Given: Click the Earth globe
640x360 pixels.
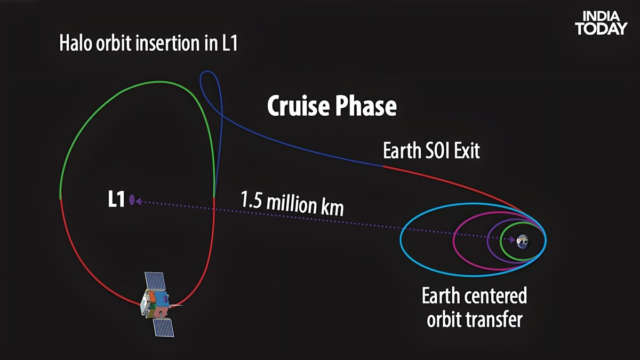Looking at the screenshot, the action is pyautogui.click(x=523, y=241).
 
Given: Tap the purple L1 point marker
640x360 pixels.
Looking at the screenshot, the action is pyautogui.click(x=132, y=199).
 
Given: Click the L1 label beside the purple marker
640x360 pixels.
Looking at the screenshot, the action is pyautogui.click(x=116, y=199).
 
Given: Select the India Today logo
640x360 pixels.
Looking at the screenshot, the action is pyautogui.click(x=601, y=23).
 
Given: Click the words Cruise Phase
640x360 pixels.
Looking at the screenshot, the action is pyautogui.click(x=332, y=106).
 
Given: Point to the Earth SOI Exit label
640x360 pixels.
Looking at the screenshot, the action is pyautogui.click(x=431, y=150).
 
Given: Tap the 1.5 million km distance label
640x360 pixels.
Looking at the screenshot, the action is pyautogui.click(x=292, y=203).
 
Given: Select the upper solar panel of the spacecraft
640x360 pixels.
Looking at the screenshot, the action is pyautogui.click(x=155, y=282).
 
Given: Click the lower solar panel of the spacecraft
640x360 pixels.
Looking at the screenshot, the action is pyautogui.click(x=164, y=327).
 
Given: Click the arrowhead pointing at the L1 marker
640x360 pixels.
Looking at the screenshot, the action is pyautogui.click(x=138, y=202).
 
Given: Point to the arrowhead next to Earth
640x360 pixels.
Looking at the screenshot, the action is pyautogui.click(x=513, y=239).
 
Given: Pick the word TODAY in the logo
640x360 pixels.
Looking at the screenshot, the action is pyautogui.click(x=601, y=29).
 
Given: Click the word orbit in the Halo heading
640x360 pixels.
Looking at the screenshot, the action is pyautogui.click(x=114, y=43).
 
